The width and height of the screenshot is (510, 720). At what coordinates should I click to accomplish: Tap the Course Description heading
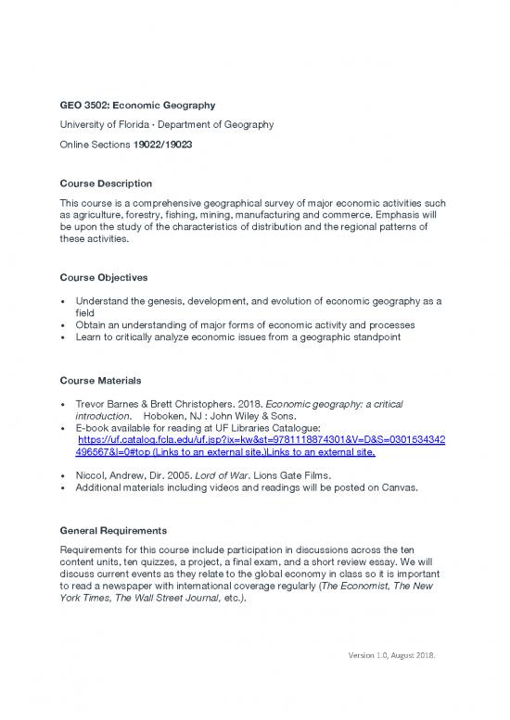point(106,183)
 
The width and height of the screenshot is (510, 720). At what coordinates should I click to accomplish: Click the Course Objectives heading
point(102,278)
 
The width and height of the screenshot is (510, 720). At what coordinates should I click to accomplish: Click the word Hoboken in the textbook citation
point(167,417)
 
